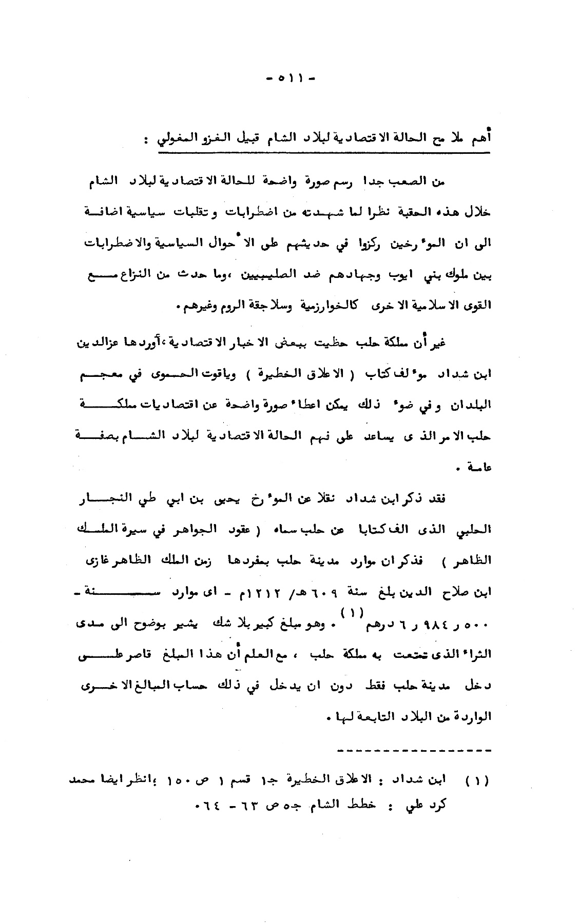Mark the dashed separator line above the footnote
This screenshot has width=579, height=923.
tap(414, 751)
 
